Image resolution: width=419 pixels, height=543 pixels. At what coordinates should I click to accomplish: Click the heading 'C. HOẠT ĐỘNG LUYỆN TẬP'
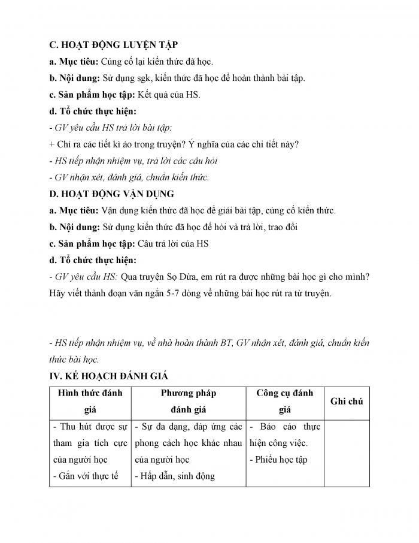(114, 45)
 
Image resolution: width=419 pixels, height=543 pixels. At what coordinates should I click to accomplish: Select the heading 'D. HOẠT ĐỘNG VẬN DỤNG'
(111, 194)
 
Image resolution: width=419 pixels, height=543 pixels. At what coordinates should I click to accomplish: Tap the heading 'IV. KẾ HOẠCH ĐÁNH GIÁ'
(109, 376)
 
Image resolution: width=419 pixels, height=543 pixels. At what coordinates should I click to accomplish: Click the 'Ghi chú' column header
(347, 402)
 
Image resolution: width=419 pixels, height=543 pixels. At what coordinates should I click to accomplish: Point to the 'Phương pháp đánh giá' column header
(189, 402)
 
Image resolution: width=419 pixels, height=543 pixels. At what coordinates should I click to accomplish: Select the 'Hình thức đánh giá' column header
(90, 402)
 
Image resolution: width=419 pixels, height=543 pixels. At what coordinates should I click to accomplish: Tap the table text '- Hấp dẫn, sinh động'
(175, 476)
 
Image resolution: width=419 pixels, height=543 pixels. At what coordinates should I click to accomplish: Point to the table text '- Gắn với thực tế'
(86, 476)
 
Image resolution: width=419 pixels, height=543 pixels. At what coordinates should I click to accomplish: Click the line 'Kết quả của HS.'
(170, 95)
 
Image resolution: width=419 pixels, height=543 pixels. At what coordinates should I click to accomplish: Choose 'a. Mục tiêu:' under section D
(74, 210)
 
